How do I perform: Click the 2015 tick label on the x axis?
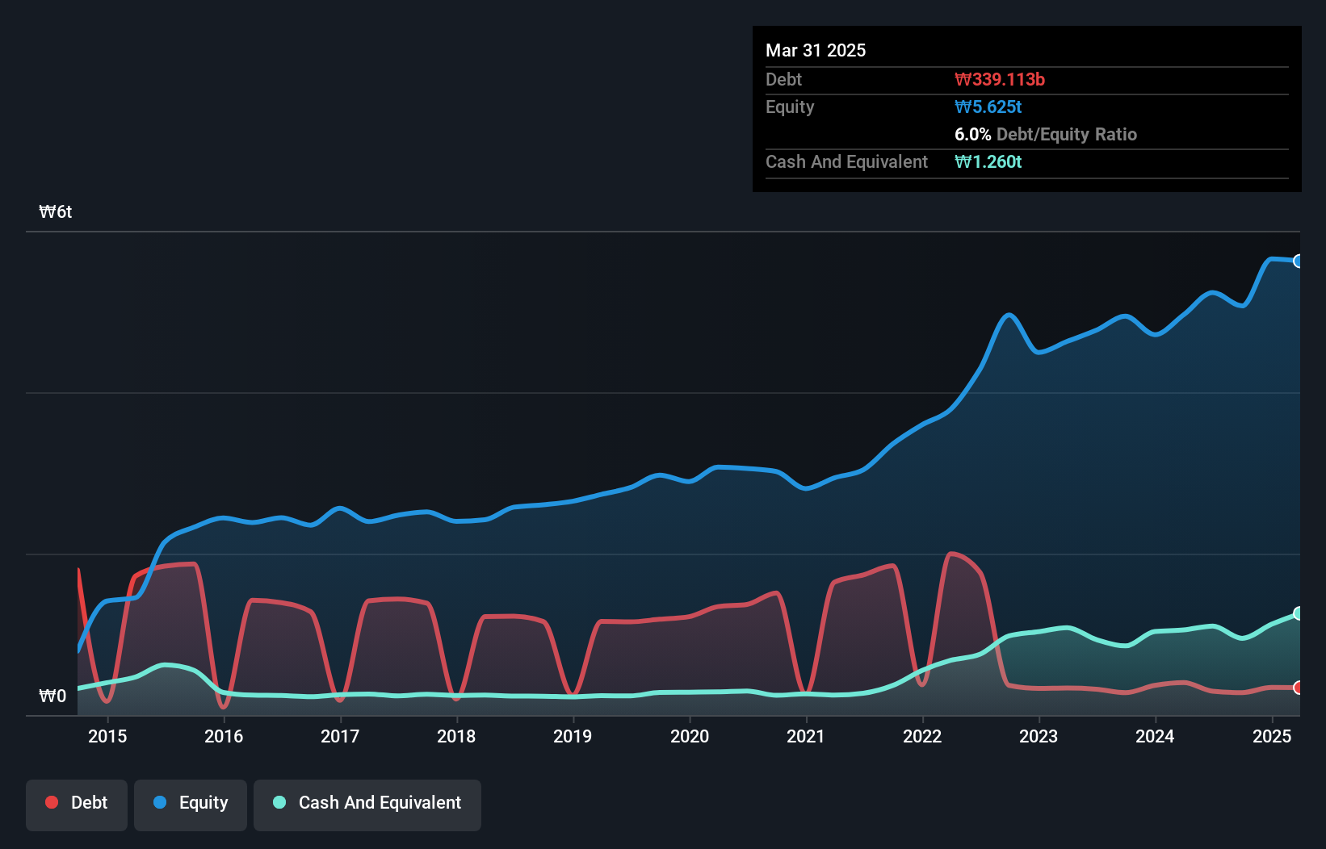107,736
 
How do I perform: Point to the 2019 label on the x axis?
573,736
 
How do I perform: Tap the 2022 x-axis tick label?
922,736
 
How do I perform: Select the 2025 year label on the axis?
1271,736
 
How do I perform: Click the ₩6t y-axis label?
56,211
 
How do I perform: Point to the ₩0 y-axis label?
52,696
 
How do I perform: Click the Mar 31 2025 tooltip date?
816,50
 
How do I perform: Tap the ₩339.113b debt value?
1000,79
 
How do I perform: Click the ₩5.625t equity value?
988,107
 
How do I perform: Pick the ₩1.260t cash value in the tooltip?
988,161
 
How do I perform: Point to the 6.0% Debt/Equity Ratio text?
1045,134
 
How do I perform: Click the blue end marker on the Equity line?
1299,261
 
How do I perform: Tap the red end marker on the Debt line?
1299,688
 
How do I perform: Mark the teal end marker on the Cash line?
1299,613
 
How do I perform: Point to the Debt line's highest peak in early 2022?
952,554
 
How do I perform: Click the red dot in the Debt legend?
52,802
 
